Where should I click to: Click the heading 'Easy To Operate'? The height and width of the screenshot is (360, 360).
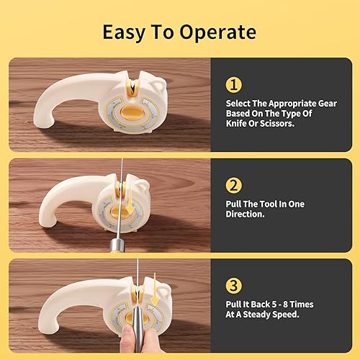pos(180,32)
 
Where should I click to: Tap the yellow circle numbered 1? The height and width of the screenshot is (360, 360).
pos(233,85)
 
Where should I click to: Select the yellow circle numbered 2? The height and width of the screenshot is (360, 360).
pos(233,186)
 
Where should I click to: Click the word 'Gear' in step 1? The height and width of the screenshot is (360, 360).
pos(327,104)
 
